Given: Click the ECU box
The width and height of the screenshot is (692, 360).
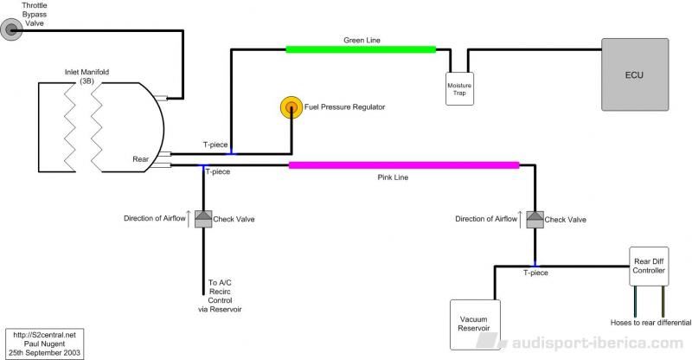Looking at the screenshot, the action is click(635, 74).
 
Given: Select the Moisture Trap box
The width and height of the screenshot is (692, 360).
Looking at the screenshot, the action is click(459, 89).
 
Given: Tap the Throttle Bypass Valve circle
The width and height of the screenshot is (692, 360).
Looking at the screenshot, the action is click(11, 30).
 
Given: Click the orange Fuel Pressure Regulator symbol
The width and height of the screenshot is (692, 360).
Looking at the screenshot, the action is click(292, 107).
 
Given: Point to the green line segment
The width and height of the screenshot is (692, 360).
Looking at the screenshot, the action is click(361, 49).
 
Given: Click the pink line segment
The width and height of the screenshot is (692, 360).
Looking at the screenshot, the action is click(404, 165).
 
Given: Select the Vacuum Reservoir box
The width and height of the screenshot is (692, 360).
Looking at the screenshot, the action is click(475, 325).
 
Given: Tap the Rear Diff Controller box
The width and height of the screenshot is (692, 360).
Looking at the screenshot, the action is click(649, 266).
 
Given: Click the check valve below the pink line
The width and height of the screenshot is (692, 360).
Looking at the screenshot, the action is click(535, 220).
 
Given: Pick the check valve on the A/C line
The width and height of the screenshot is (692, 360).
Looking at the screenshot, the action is click(203, 219).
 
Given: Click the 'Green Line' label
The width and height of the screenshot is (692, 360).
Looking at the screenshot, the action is click(362, 40).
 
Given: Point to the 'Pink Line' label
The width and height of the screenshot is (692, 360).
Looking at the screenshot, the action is click(393, 177).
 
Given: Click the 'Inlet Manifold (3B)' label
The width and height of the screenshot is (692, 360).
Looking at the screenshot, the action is click(87, 76).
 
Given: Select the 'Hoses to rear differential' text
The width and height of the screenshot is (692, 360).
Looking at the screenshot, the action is click(651, 323).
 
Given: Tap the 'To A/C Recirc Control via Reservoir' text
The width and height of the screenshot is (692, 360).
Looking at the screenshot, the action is click(220, 296).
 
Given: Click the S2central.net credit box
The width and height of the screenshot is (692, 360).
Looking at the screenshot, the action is click(44, 344).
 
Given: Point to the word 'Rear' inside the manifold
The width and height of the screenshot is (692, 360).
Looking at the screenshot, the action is click(141, 159).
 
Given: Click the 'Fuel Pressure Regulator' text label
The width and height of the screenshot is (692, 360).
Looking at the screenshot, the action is click(344, 107).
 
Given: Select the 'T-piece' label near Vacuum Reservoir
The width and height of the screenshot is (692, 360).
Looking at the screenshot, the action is click(535, 273).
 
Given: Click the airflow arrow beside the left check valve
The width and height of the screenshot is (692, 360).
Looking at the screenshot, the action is click(189, 219).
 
